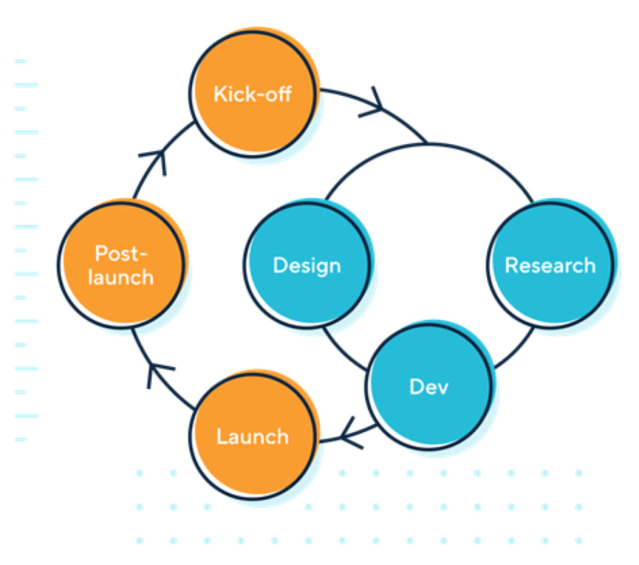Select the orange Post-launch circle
[121, 298]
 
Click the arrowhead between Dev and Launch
[350, 433]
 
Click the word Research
[550, 265]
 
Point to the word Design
[307, 266]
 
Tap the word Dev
[429, 387]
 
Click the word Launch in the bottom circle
[253, 436]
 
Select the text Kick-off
[253, 94]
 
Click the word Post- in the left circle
[121, 254]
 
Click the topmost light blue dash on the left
[20, 61]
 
